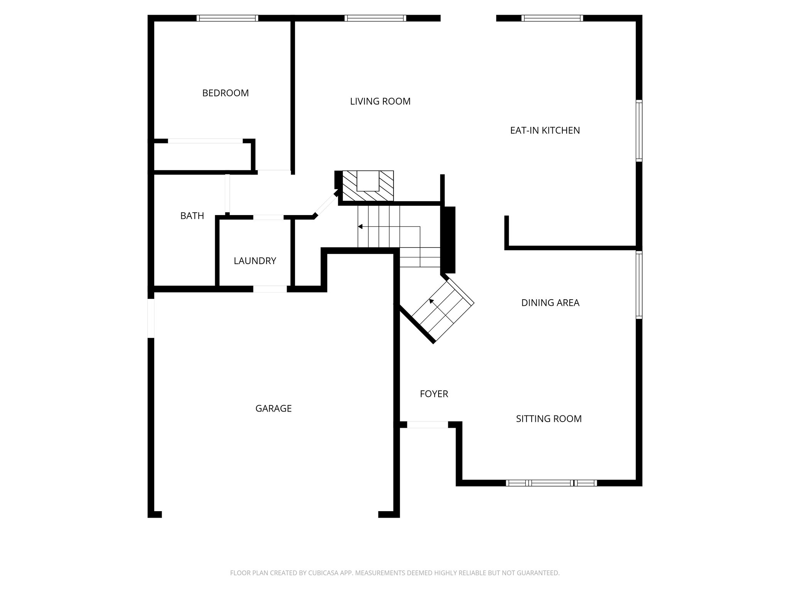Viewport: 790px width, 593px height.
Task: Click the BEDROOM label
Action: point(225,93)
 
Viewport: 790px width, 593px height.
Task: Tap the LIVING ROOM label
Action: point(380,102)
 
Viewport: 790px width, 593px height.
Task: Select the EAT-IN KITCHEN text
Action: point(545,130)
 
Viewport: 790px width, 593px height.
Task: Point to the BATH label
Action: point(192,216)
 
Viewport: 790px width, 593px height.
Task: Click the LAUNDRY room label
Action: point(255,261)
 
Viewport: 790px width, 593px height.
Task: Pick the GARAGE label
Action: point(273,408)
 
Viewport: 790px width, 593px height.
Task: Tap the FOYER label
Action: point(434,394)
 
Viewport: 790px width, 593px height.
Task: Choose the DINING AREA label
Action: point(550,303)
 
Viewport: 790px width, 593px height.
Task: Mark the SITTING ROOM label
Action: point(549,419)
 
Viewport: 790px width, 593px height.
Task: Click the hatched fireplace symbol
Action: point(368,186)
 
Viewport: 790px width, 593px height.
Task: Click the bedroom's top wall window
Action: point(227,18)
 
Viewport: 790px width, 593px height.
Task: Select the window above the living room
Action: point(375,18)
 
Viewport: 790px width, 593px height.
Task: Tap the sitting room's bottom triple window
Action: point(551,483)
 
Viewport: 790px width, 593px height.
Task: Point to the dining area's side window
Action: point(639,285)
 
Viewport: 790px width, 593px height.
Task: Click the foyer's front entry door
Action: point(427,425)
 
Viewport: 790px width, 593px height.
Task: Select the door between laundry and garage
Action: point(270,289)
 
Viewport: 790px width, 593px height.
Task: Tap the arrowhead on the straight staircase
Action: point(360,227)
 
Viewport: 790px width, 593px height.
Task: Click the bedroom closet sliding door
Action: point(205,141)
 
